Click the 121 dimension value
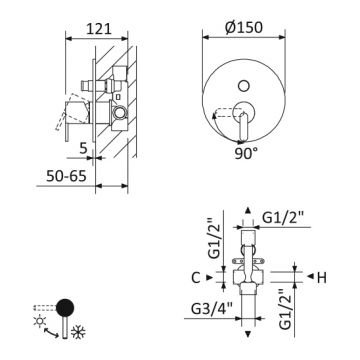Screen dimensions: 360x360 (x=98, y=29)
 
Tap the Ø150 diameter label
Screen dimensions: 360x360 (x=244, y=27)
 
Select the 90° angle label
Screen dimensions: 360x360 (x=246, y=154)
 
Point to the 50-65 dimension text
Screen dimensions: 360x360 (x=66, y=176)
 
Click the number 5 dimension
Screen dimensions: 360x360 (x=83, y=147)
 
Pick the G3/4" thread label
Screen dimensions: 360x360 (x=212, y=309)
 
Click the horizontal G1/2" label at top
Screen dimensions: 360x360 (x=283, y=218)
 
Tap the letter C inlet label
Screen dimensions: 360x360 (x=196, y=277)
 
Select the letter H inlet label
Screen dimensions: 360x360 (x=322, y=277)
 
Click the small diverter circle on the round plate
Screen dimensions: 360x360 (x=244, y=86)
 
